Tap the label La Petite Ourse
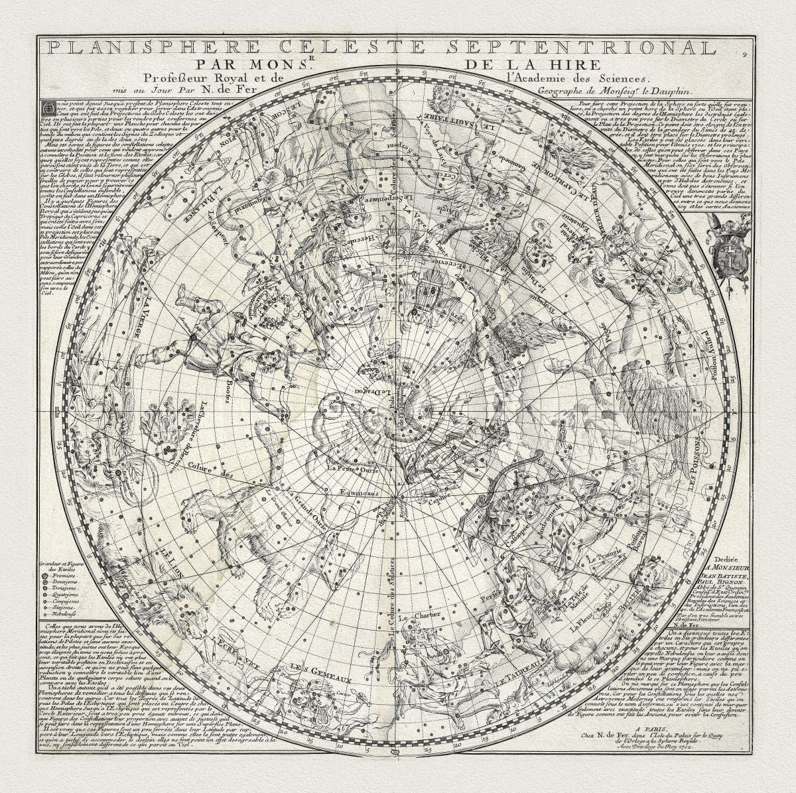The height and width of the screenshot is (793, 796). coord(350,469)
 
